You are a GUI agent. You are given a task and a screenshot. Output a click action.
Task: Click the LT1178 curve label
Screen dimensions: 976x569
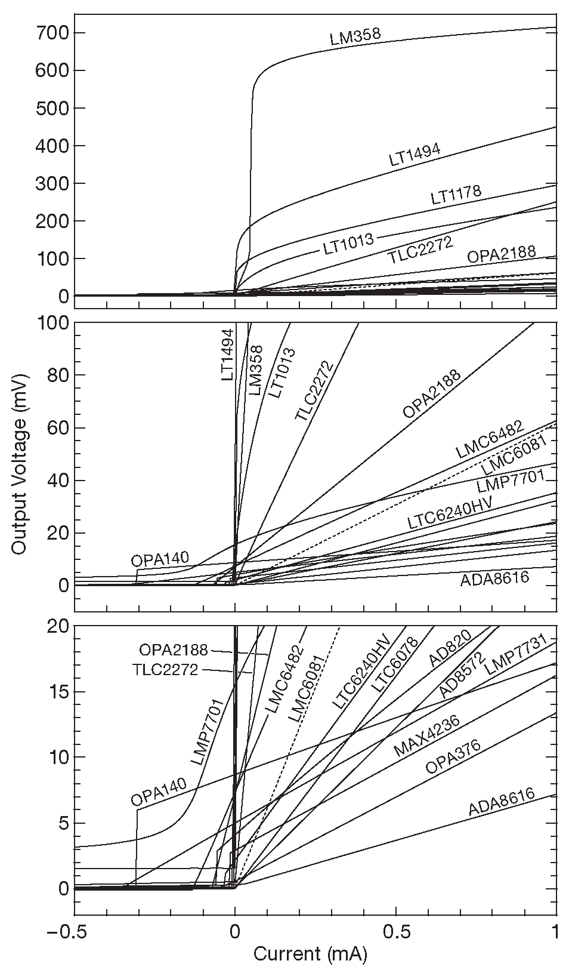(456, 195)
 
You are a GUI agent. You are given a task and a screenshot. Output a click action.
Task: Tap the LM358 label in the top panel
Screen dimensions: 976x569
(355, 37)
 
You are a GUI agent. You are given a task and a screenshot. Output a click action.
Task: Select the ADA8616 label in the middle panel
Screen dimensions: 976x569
(494, 578)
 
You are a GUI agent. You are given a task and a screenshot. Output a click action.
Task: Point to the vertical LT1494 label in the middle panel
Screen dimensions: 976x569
(227, 355)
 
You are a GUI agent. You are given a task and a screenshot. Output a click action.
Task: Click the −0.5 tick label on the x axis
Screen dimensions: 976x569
(73, 932)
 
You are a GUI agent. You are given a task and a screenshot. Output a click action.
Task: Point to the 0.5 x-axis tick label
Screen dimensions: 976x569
(395, 932)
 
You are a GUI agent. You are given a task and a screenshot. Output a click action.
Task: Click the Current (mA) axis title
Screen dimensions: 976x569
(310, 954)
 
